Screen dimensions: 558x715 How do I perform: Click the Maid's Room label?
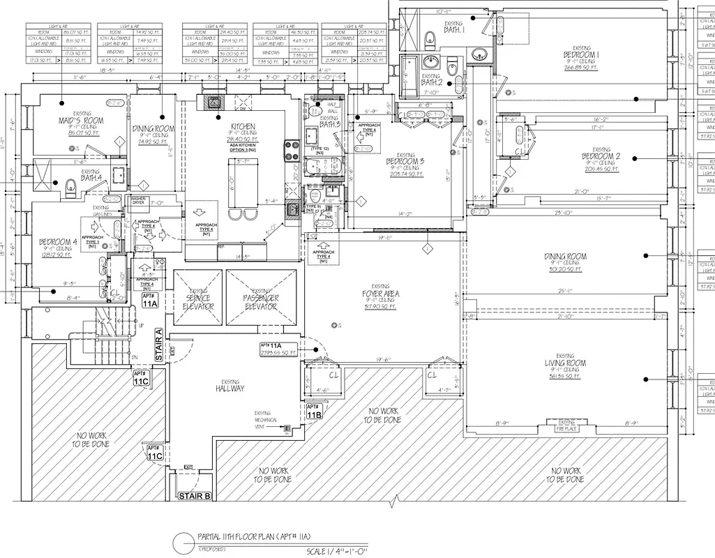(x=81, y=121)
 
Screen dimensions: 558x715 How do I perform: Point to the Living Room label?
(x=564, y=363)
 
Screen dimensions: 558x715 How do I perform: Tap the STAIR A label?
(x=158, y=345)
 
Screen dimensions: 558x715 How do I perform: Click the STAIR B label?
(x=195, y=497)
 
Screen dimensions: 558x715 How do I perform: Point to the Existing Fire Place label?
(x=566, y=424)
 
